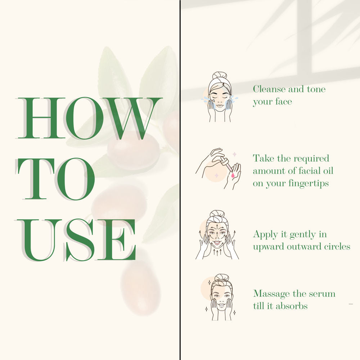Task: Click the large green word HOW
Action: click(x=89, y=118)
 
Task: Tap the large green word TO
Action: click(x=55, y=179)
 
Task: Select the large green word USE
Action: click(x=76, y=240)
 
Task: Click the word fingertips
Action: click(x=309, y=184)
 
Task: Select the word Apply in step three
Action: click(x=266, y=235)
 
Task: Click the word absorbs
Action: click(x=292, y=306)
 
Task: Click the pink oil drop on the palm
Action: click(x=233, y=175)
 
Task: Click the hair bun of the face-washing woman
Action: click(x=220, y=76)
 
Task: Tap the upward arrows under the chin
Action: click(x=217, y=252)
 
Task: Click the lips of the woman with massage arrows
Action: click(x=217, y=242)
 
